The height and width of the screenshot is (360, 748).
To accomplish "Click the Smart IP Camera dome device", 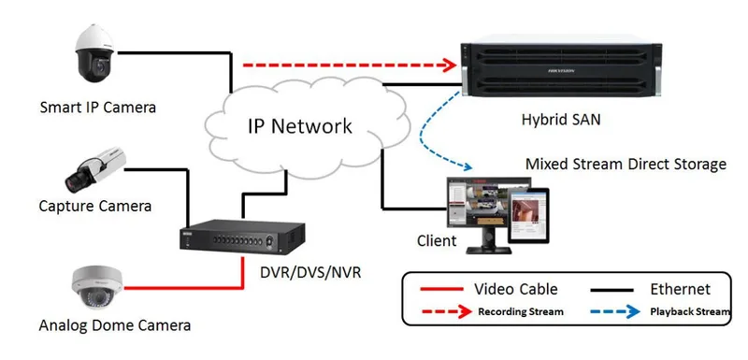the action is pos(95,53).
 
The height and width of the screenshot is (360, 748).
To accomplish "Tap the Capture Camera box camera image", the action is pos(95,170).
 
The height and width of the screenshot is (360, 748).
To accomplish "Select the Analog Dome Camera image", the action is pos(97,288).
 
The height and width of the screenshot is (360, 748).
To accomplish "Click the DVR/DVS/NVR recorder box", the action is pos(242,235).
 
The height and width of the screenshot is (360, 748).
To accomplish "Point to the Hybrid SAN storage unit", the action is pos(561,69).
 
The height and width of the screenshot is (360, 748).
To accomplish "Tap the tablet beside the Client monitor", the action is pos(528,215).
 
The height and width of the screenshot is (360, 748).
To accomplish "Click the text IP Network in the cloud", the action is pos(299,126).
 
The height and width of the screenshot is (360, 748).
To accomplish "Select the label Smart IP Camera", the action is pos(98,108).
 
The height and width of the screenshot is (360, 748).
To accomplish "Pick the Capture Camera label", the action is pos(95,206).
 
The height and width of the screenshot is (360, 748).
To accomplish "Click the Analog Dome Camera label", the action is pos(114,325).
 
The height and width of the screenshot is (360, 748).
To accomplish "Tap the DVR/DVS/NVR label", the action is pos(310,272).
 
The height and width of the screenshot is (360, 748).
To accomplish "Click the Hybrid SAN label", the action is pos(561,119).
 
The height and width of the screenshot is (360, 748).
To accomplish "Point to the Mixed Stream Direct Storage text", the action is pos(626,165).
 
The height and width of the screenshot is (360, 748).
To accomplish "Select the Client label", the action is pos(437,240).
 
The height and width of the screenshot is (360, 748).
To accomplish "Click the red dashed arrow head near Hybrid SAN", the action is pos(450,65).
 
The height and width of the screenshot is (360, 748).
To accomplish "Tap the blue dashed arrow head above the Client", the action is pos(466,166).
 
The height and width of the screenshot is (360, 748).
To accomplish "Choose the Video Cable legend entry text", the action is pos(515,289).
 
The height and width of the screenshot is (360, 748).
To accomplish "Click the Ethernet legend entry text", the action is pos(681,289).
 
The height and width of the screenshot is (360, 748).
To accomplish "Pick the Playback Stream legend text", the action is pos(690,311).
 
